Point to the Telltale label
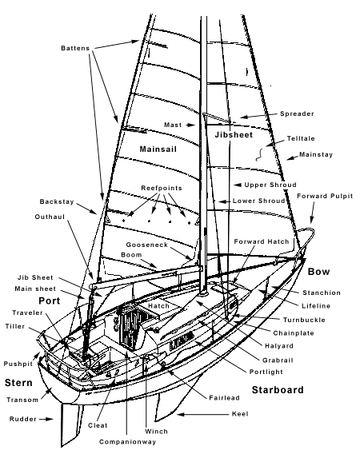point(302,138)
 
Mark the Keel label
point(238,414)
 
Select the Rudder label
point(22,417)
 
